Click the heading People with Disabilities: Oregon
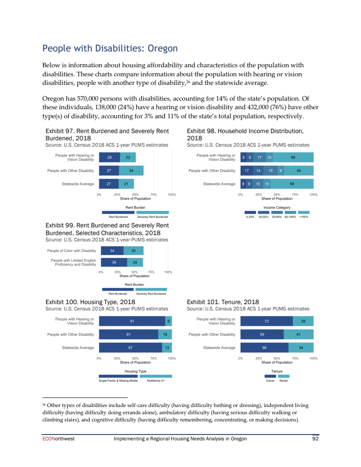click(110, 48)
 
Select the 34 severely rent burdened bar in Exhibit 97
click(131, 171)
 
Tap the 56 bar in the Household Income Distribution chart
click(293, 157)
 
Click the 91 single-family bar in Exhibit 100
click(132, 321)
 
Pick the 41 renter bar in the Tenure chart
click(298, 334)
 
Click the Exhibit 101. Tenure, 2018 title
click(222, 302)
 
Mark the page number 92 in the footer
click(315, 439)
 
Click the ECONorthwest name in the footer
click(55, 439)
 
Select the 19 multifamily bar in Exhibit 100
click(165, 334)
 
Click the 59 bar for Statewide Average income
click(292, 184)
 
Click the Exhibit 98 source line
click(248, 145)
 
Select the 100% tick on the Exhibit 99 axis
click(168, 272)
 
